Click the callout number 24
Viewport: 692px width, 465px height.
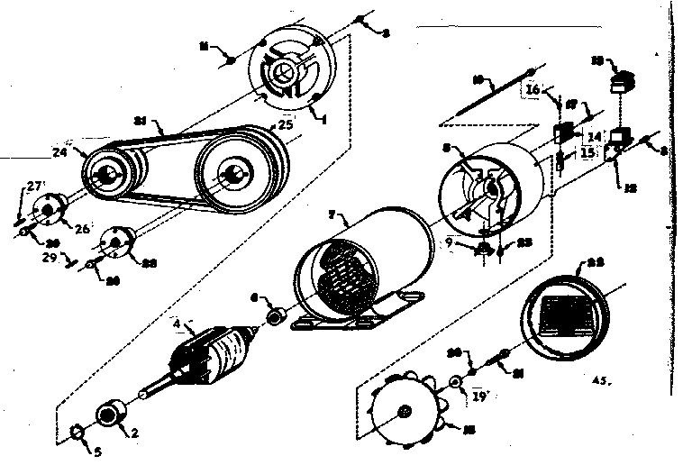pyautogui.click(x=59, y=152)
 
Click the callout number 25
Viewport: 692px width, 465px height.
pyautogui.click(x=285, y=125)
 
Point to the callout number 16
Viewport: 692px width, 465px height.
pyautogui.click(x=533, y=90)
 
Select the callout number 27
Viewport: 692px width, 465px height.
pyautogui.click(x=34, y=186)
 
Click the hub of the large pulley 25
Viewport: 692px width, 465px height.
pyautogui.click(x=238, y=171)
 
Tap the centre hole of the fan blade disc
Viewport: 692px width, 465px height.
pyautogui.click(x=403, y=412)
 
